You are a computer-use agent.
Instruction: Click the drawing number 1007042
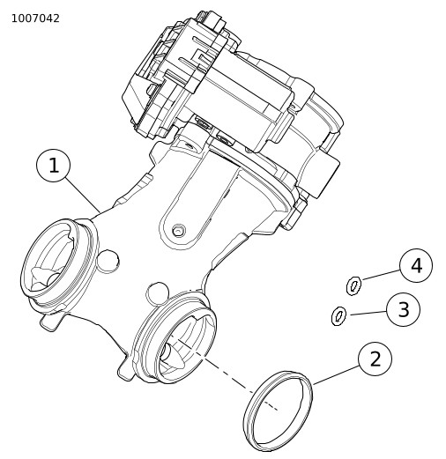pyautogui.click(x=35, y=19)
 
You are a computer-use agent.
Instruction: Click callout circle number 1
pyautogui.click(x=54, y=166)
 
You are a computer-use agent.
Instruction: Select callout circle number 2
pyautogui.click(x=375, y=359)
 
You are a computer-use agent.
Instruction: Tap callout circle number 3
pyautogui.click(x=404, y=309)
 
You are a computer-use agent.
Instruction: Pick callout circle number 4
pyautogui.click(x=416, y=265)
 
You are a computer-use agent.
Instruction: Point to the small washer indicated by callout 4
pyautogui.click(x=353, y=285)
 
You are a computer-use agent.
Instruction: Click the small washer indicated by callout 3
pyautogui.click(x=338, y=316)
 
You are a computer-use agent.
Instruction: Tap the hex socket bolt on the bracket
pyautogui.click(x=179, y=231)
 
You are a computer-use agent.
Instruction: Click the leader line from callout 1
pyautogui.click(x=83, y=194)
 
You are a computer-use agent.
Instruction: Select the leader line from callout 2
pyautogui.click(x=337, y=375)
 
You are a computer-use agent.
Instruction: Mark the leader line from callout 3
pyautogui.click(x=368, y=313)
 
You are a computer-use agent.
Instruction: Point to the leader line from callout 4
pyautogui.click(x=382, y=275)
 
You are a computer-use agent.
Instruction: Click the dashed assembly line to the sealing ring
pyautogui.click(x=227, y=374)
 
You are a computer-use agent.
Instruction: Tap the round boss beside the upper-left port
pyautogui.click(x=108, y=260)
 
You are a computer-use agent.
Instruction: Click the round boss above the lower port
pyautogui.click(x=158, y=293)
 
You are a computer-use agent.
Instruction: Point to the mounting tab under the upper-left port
pyautogui.click(x=53, y=322)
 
